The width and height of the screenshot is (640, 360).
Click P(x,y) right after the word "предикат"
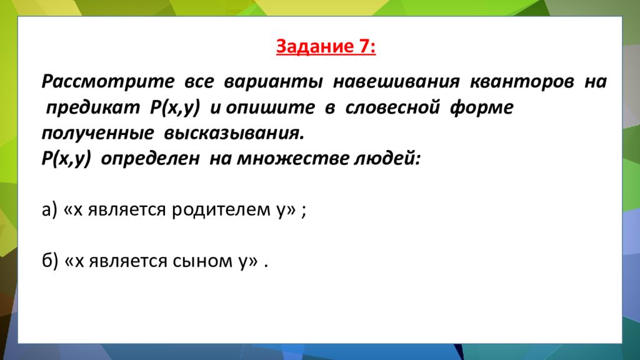[174, 107]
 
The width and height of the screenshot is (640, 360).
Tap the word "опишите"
[271, 107]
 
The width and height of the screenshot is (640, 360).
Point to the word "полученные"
[98, 133]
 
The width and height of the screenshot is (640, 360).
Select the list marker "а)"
[50, 210]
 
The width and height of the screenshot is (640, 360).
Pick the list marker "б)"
[50, 261]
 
